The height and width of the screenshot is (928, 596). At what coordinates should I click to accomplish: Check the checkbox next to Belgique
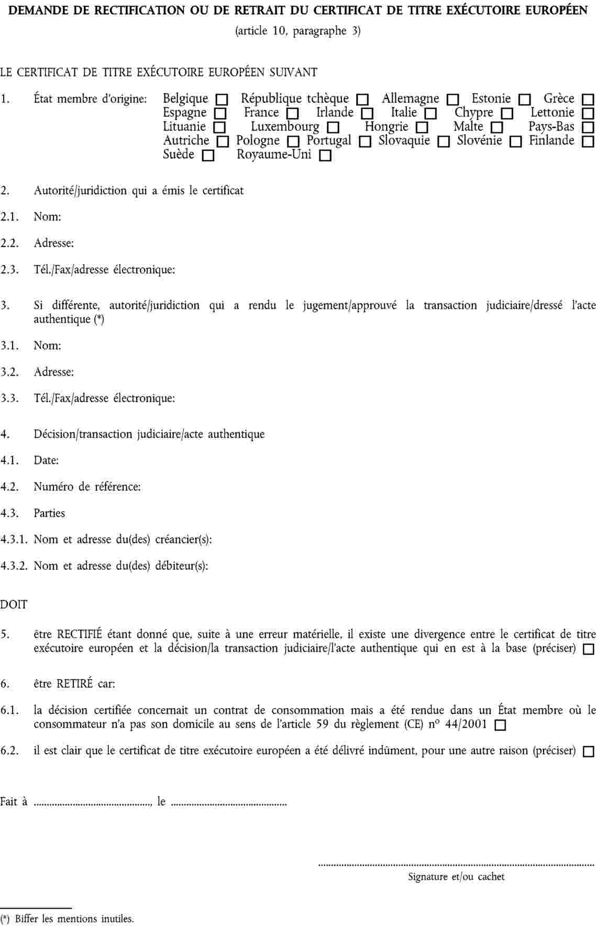222,99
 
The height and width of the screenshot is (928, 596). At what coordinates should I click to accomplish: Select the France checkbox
292,113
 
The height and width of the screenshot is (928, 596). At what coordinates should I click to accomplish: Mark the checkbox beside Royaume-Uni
325,156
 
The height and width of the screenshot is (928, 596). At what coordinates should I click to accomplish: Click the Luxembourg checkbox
333,127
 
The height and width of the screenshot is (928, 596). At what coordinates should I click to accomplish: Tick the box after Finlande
588,141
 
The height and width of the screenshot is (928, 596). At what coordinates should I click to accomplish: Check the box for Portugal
365,141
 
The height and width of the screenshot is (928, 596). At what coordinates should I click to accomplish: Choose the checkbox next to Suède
208,156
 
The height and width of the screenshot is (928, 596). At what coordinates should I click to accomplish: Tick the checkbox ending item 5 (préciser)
589,649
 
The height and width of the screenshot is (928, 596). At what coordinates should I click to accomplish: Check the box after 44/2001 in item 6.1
500,725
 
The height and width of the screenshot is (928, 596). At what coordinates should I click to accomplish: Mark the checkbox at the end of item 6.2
589,752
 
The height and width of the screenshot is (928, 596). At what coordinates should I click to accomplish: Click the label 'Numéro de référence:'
87,487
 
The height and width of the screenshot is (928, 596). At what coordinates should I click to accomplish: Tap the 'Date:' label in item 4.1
46,460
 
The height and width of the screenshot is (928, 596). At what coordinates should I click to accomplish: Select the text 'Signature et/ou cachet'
456,876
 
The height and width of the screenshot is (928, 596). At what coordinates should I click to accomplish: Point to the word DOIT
14,604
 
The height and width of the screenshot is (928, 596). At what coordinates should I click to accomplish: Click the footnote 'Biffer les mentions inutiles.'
74,918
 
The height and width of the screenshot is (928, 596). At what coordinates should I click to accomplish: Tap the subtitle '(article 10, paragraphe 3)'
298,31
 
